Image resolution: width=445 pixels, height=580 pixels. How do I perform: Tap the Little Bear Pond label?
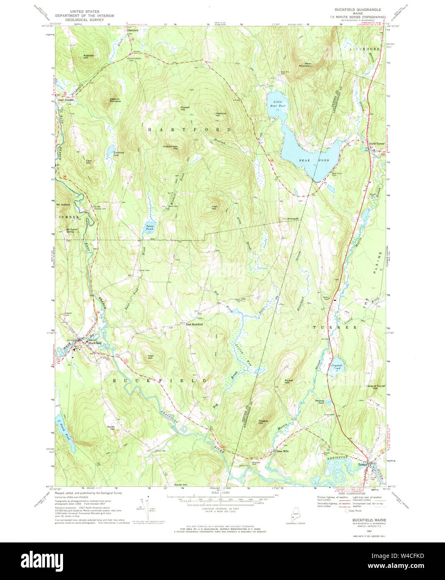(279, 104)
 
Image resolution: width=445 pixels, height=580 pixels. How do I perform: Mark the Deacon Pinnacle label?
(115, 100)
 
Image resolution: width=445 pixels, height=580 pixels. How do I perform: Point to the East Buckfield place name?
(194, 324)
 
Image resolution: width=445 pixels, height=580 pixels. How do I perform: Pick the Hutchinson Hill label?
(170, 147)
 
